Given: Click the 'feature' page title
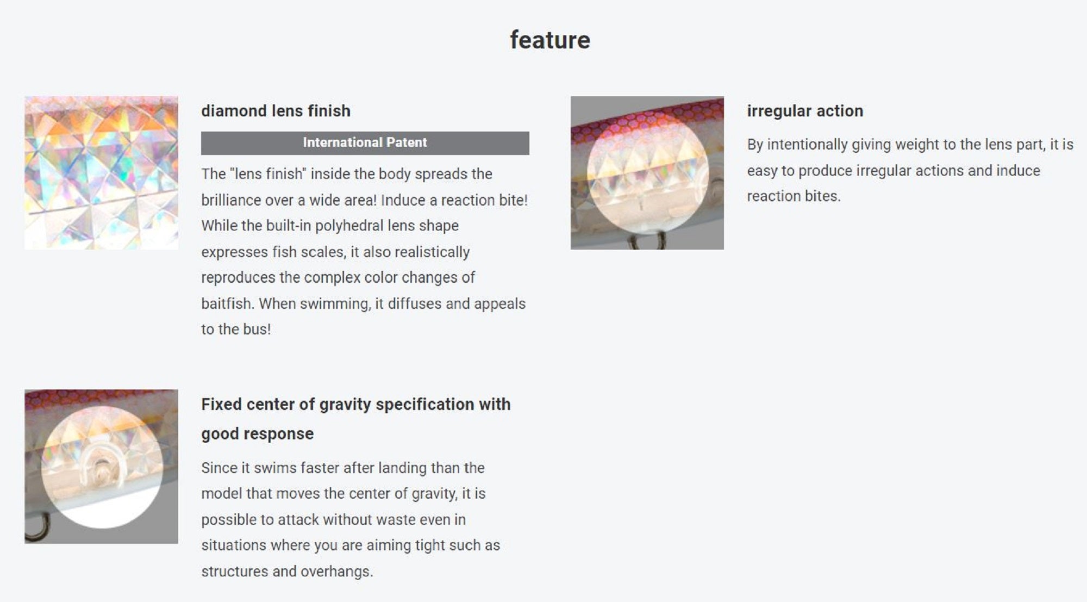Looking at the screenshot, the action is coord(549,40).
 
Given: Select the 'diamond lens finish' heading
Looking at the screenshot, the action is coord(276,111).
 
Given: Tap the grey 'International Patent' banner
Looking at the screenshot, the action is coord(365,143).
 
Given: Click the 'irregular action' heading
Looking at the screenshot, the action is coord(805,111).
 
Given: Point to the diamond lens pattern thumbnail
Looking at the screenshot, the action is coord(101,173).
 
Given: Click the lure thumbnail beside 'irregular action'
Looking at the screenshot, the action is coord(647,173).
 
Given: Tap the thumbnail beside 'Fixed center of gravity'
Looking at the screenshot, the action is coord(101,466).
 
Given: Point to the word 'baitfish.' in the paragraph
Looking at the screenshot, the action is coord(228,303).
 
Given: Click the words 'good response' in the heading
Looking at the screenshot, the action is coord(258,434).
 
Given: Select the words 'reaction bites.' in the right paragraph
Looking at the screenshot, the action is coord(794,196).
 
